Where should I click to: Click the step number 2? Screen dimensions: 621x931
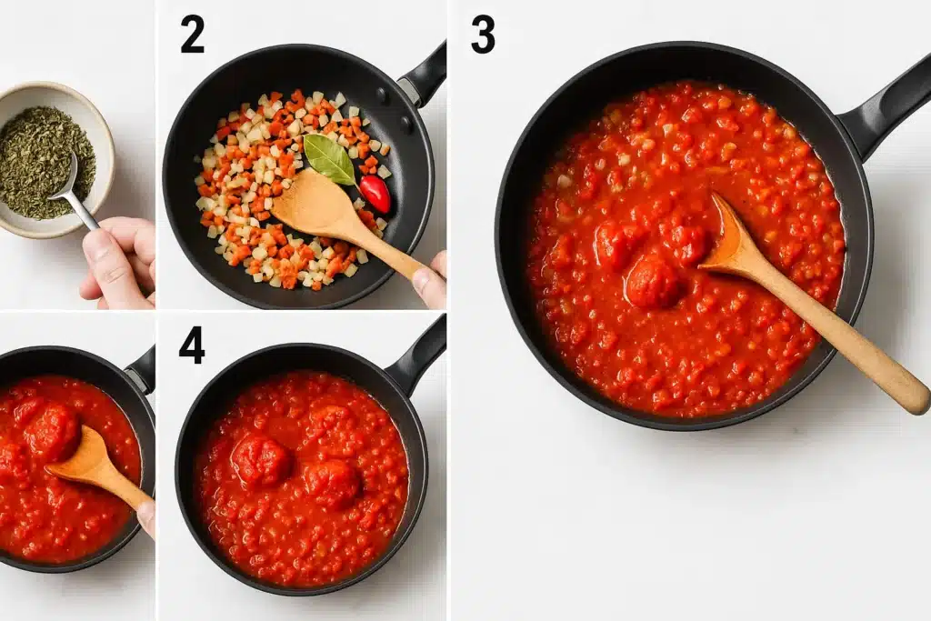(x=192, y=34)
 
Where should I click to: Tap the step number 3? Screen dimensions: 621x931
(x=483, y=34)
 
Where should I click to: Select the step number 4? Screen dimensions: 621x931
(x=192, y=345)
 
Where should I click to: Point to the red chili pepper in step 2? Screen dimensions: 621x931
(x=375, y=194)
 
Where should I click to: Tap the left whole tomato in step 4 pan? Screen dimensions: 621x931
(x=261, y=459)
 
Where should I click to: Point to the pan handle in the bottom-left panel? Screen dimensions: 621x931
(x=142, y=368)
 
